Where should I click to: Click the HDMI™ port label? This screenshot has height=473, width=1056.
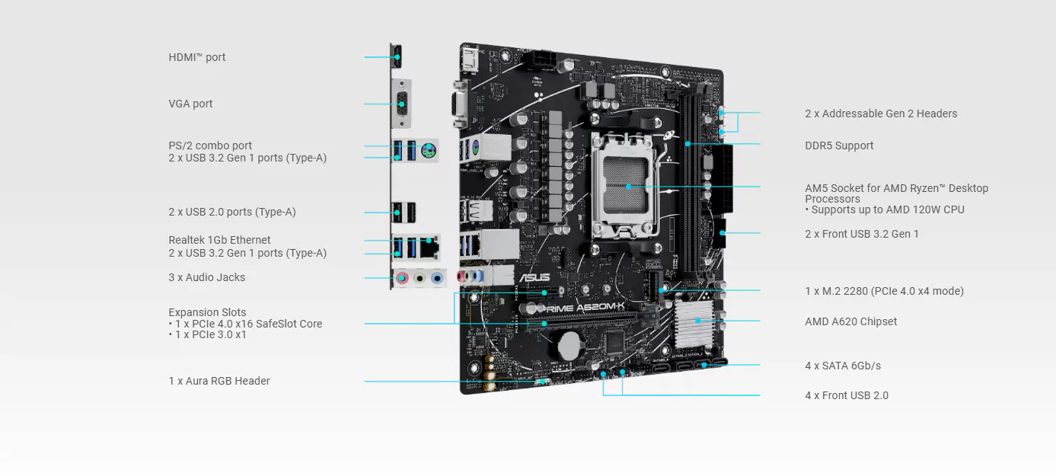pyautogui.click(x=197, y=57)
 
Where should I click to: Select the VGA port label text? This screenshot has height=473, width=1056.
pyautogui.click(x=191, y=104)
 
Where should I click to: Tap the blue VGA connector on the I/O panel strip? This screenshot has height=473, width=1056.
pyautogui.click(x=401, y=104)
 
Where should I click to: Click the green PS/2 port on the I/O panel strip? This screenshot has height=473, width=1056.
pyautogui.click(x=429, y=151)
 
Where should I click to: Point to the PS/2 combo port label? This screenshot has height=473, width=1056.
pyautogui.click(x=210, y=145)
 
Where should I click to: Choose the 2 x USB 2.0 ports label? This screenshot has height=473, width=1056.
pyautogui.click(x=232, y=212)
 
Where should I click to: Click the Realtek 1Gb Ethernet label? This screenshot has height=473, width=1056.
pyautogui.click(x=219, y=240)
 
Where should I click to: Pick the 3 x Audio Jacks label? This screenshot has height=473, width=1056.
pyautogui.click(x=207, y=277)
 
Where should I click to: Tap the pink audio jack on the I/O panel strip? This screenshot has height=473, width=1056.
pyautogui.click(x=402, y=279)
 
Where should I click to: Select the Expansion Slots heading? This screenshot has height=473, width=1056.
pyautogui.click(x=207, y=312)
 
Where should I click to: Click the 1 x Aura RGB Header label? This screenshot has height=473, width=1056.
pyautogui.click(x=219, y=381)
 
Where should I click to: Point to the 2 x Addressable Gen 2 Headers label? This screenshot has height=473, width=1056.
pyautogui.click(x=881, y=113)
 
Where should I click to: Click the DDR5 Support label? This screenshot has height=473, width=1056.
pyautogui.click(x=839, y=145)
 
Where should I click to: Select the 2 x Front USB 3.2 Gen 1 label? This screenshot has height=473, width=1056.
pyautogui.click(x=862, y=234)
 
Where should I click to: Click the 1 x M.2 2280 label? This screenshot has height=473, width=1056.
pyautogui.click(x=884, y=291)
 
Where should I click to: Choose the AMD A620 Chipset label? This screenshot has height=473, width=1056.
pyautogui.click(x=850, y=321)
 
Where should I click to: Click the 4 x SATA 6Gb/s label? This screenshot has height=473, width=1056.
pyautogui.click(x=843, y=366)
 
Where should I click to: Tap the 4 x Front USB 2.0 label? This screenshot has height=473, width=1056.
pyautogui.click(x=847, y=395)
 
